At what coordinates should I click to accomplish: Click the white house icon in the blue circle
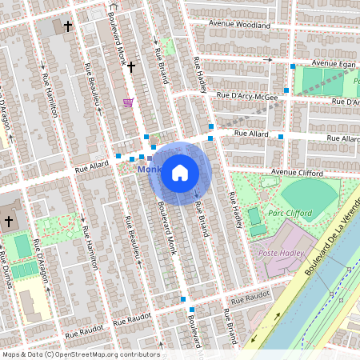(180, 172)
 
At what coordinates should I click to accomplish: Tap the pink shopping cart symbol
(128, 102)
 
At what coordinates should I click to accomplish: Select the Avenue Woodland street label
(240, 25)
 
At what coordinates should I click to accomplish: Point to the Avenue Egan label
(332, 62)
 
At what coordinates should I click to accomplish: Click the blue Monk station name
(149, 170)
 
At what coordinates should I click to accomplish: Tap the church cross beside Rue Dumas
(10, 220)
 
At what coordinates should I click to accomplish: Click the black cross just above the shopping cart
(130, 68)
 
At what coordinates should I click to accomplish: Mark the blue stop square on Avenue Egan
(294, 66)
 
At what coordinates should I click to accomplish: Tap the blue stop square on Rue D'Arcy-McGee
(286, 90)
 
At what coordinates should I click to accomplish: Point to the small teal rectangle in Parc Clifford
(254, 216)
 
